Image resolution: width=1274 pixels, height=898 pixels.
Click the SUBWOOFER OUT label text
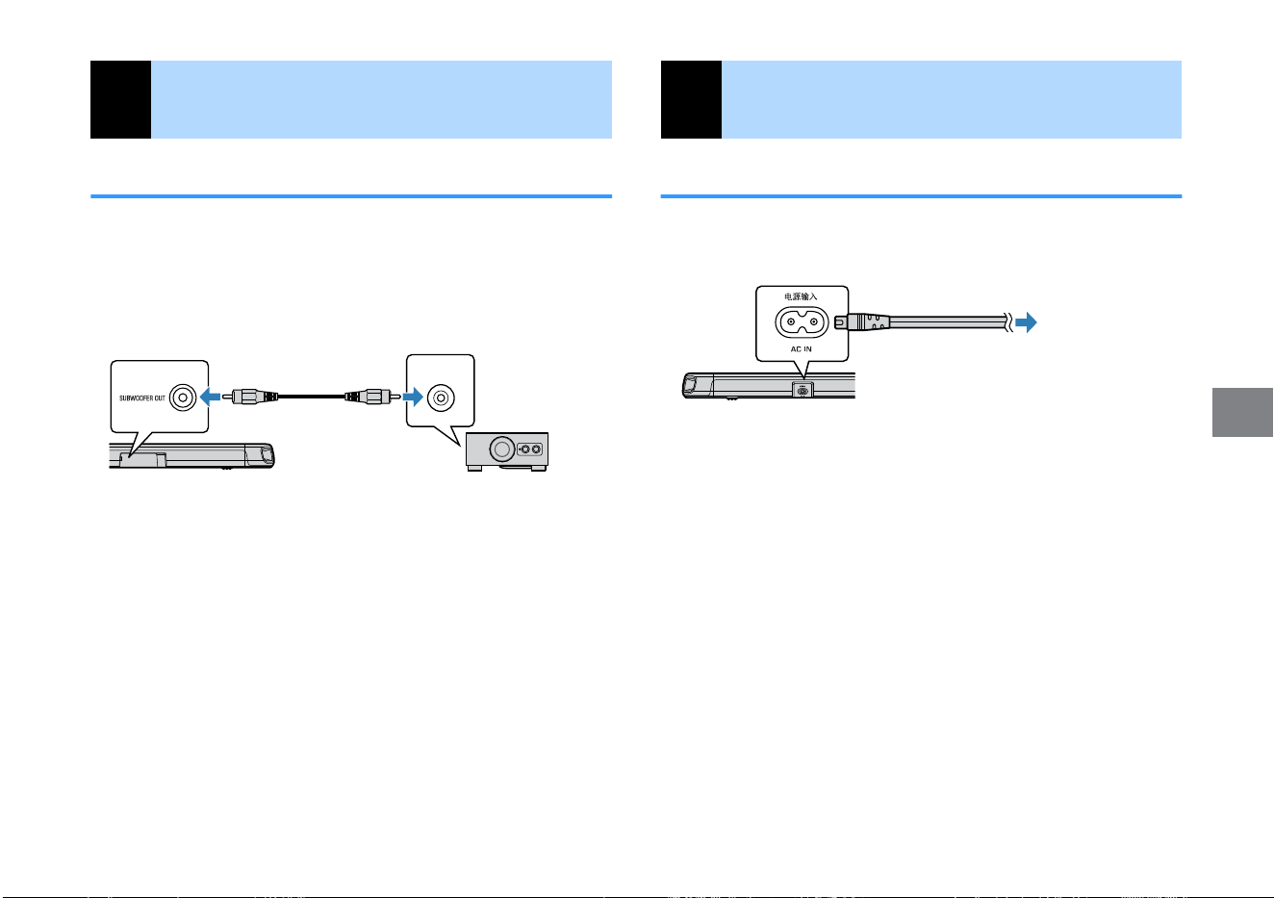click(142, 398)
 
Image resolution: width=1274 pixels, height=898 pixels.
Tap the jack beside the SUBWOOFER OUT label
click(183, 398)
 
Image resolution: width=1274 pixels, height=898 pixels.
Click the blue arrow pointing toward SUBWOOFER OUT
click(211, 397)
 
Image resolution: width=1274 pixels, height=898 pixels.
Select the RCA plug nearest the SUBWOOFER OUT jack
click(250, 397)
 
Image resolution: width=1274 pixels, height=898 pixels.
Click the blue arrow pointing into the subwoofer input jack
click(413, 397)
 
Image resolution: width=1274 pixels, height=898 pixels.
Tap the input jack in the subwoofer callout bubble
click(441, 398)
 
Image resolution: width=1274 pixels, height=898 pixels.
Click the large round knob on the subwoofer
click(502, 449)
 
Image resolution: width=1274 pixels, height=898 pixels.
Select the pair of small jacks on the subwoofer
click(530, 449)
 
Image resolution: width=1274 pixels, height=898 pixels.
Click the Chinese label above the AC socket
click(801, 296)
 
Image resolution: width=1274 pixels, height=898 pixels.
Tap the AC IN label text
click(802, 348)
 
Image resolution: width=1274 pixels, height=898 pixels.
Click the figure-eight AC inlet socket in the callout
click(802, 322)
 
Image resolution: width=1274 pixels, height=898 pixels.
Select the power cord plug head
click(861, 322)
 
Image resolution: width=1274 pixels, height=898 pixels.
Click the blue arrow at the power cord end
click(1026, 322)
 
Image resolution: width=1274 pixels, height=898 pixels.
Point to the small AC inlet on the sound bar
click(803, 391)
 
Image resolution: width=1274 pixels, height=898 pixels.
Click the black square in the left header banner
click(120, 99)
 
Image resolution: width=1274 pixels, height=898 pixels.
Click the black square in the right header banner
click(691, 99)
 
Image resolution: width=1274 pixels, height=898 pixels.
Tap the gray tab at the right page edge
click(1242, 413)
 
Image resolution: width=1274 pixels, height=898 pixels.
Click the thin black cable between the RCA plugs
click(312, 397)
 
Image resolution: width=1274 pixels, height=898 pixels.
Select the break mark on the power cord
click(1008, 322)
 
